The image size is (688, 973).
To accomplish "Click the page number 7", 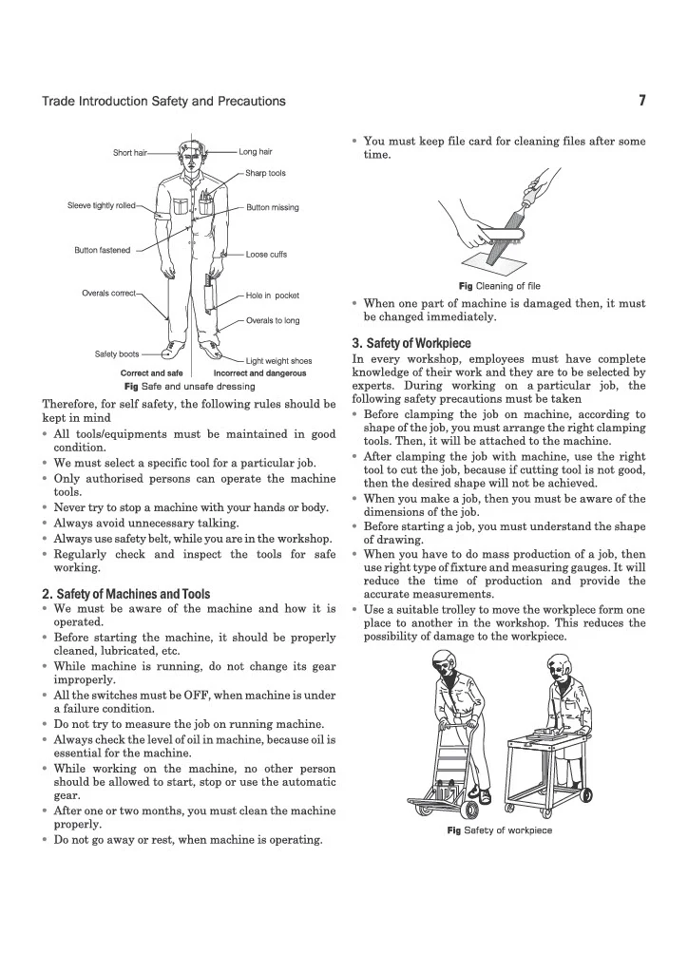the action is pos(642,101).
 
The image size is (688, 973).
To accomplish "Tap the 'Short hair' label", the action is pos(129,153).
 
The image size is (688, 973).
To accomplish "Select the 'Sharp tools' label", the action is pos(265,173).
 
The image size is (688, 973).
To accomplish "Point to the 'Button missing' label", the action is pos(273,207).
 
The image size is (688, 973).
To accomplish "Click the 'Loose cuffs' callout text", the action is pos(266,255).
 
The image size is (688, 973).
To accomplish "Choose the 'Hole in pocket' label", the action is pos(273,296).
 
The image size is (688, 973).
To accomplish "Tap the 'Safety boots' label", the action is pos(117,354).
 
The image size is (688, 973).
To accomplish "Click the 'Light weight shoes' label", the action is pos(278,361).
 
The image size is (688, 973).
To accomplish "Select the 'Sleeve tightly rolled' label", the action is pos(101,205).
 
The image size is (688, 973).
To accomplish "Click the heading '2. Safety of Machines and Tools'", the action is pos(126,594).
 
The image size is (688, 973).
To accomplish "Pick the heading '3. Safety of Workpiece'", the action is pos(411,343).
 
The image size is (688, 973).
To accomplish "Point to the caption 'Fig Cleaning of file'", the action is pos(500,286).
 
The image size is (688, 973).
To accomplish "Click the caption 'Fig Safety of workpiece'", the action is pos(500,830).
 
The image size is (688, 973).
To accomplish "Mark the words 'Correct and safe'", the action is pos(151,373).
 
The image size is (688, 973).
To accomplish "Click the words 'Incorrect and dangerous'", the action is pos(260,373).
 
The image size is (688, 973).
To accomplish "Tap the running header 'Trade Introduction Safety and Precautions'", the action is pos(163,101).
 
